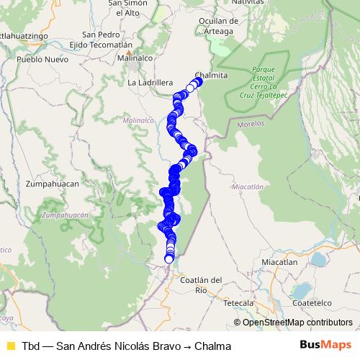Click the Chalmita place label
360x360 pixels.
212,75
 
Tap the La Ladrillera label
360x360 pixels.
150,83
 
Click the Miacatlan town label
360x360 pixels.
279,262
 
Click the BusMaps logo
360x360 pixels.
325,346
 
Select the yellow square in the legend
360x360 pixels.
10,346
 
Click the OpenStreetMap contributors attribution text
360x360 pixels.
297,323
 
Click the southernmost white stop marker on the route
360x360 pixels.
169,258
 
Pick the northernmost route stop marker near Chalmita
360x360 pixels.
198,81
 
